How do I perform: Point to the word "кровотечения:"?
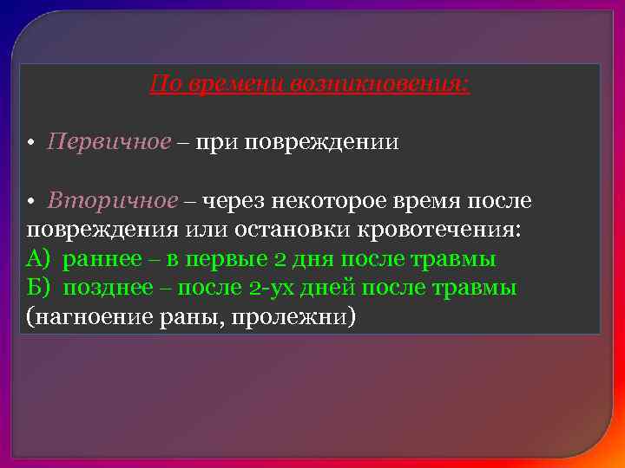pyautogui.click(x=418, y=231)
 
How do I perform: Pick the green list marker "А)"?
pyautogui.click(x=40, y=259)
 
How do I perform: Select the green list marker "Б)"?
pyautogui.click(x=40, y=288)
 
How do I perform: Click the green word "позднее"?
pyautogui.click(x=107, y=288)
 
